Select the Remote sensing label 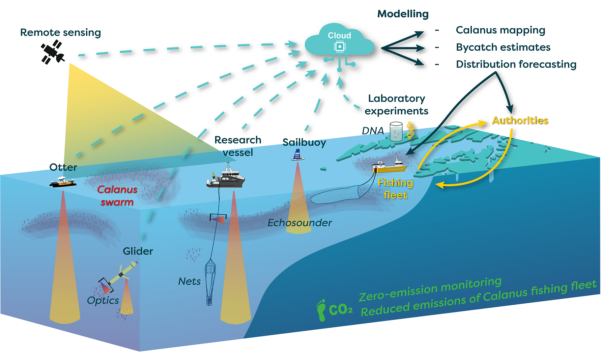coord(60,32)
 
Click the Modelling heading coord(403,14)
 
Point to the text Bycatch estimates coord(503,47)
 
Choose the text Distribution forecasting coord(516,64)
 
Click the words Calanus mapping coord(500,30)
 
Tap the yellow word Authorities coord(520,120)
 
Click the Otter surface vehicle coord(63,182)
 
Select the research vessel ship coord(226,178)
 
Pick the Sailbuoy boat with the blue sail coord(297,155)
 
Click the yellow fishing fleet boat coord(390,165)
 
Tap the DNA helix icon coord(410,131)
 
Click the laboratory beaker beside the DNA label coord(396,131)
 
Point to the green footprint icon coord(321,310)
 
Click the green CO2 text coord(341,309)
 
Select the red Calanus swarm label coord(117,196)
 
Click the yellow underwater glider coord(122,273)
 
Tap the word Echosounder coord(299,223)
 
